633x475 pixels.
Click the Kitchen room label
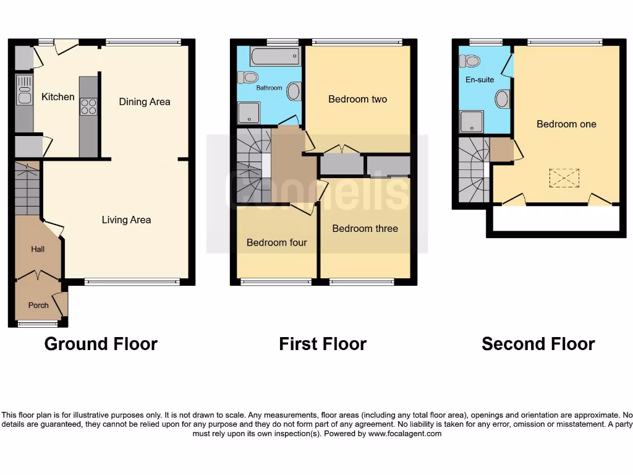[x=57, y=97]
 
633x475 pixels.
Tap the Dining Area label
[x=145, y=102]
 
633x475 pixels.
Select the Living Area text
[x=126, y=220]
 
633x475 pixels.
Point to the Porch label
[x=38, y=305]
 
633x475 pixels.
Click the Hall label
[x=38, y=249]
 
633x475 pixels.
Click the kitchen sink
[x=25, y=90]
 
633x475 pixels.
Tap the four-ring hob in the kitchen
[x=88, y=106]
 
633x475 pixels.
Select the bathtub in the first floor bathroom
[x=275, y=57]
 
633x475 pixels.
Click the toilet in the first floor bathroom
[x=249, y=77]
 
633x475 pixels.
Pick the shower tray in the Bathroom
[x=249, y=113]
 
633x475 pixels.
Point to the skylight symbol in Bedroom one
[x=564, y=178]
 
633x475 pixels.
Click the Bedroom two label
[x=357, y=99]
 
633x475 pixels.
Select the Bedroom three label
[x=365, y=228]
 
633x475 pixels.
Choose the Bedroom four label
[x=276, y=242]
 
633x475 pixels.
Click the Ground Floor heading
[x=101, y=344]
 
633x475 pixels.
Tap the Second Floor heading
[x=538, y=344]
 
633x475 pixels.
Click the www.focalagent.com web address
[x=405, y=434]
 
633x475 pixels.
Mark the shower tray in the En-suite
[x=471, y=122]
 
